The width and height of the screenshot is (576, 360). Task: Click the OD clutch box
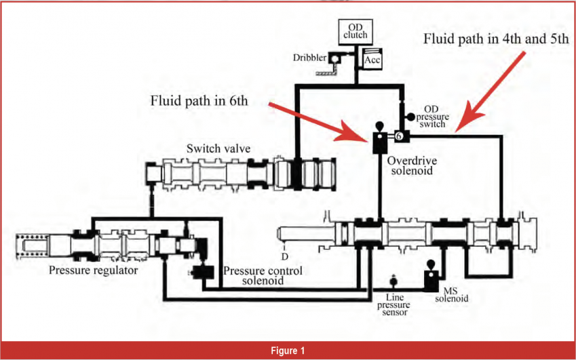click(352, 31)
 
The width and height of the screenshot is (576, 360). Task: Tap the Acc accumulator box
click(372, 60)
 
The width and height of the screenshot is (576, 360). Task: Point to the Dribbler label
click(309, 58)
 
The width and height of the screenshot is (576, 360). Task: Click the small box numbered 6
click(398, 136)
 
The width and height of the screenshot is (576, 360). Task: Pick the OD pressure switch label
click(436, 117)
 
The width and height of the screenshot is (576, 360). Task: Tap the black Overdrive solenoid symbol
click(379, 139)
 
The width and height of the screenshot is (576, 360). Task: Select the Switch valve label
click(214, 148)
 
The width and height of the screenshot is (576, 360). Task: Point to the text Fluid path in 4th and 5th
click(496, 38)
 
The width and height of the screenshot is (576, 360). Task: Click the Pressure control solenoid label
click(263, 276)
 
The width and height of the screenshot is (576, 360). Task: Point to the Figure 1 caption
click(288, 350)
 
